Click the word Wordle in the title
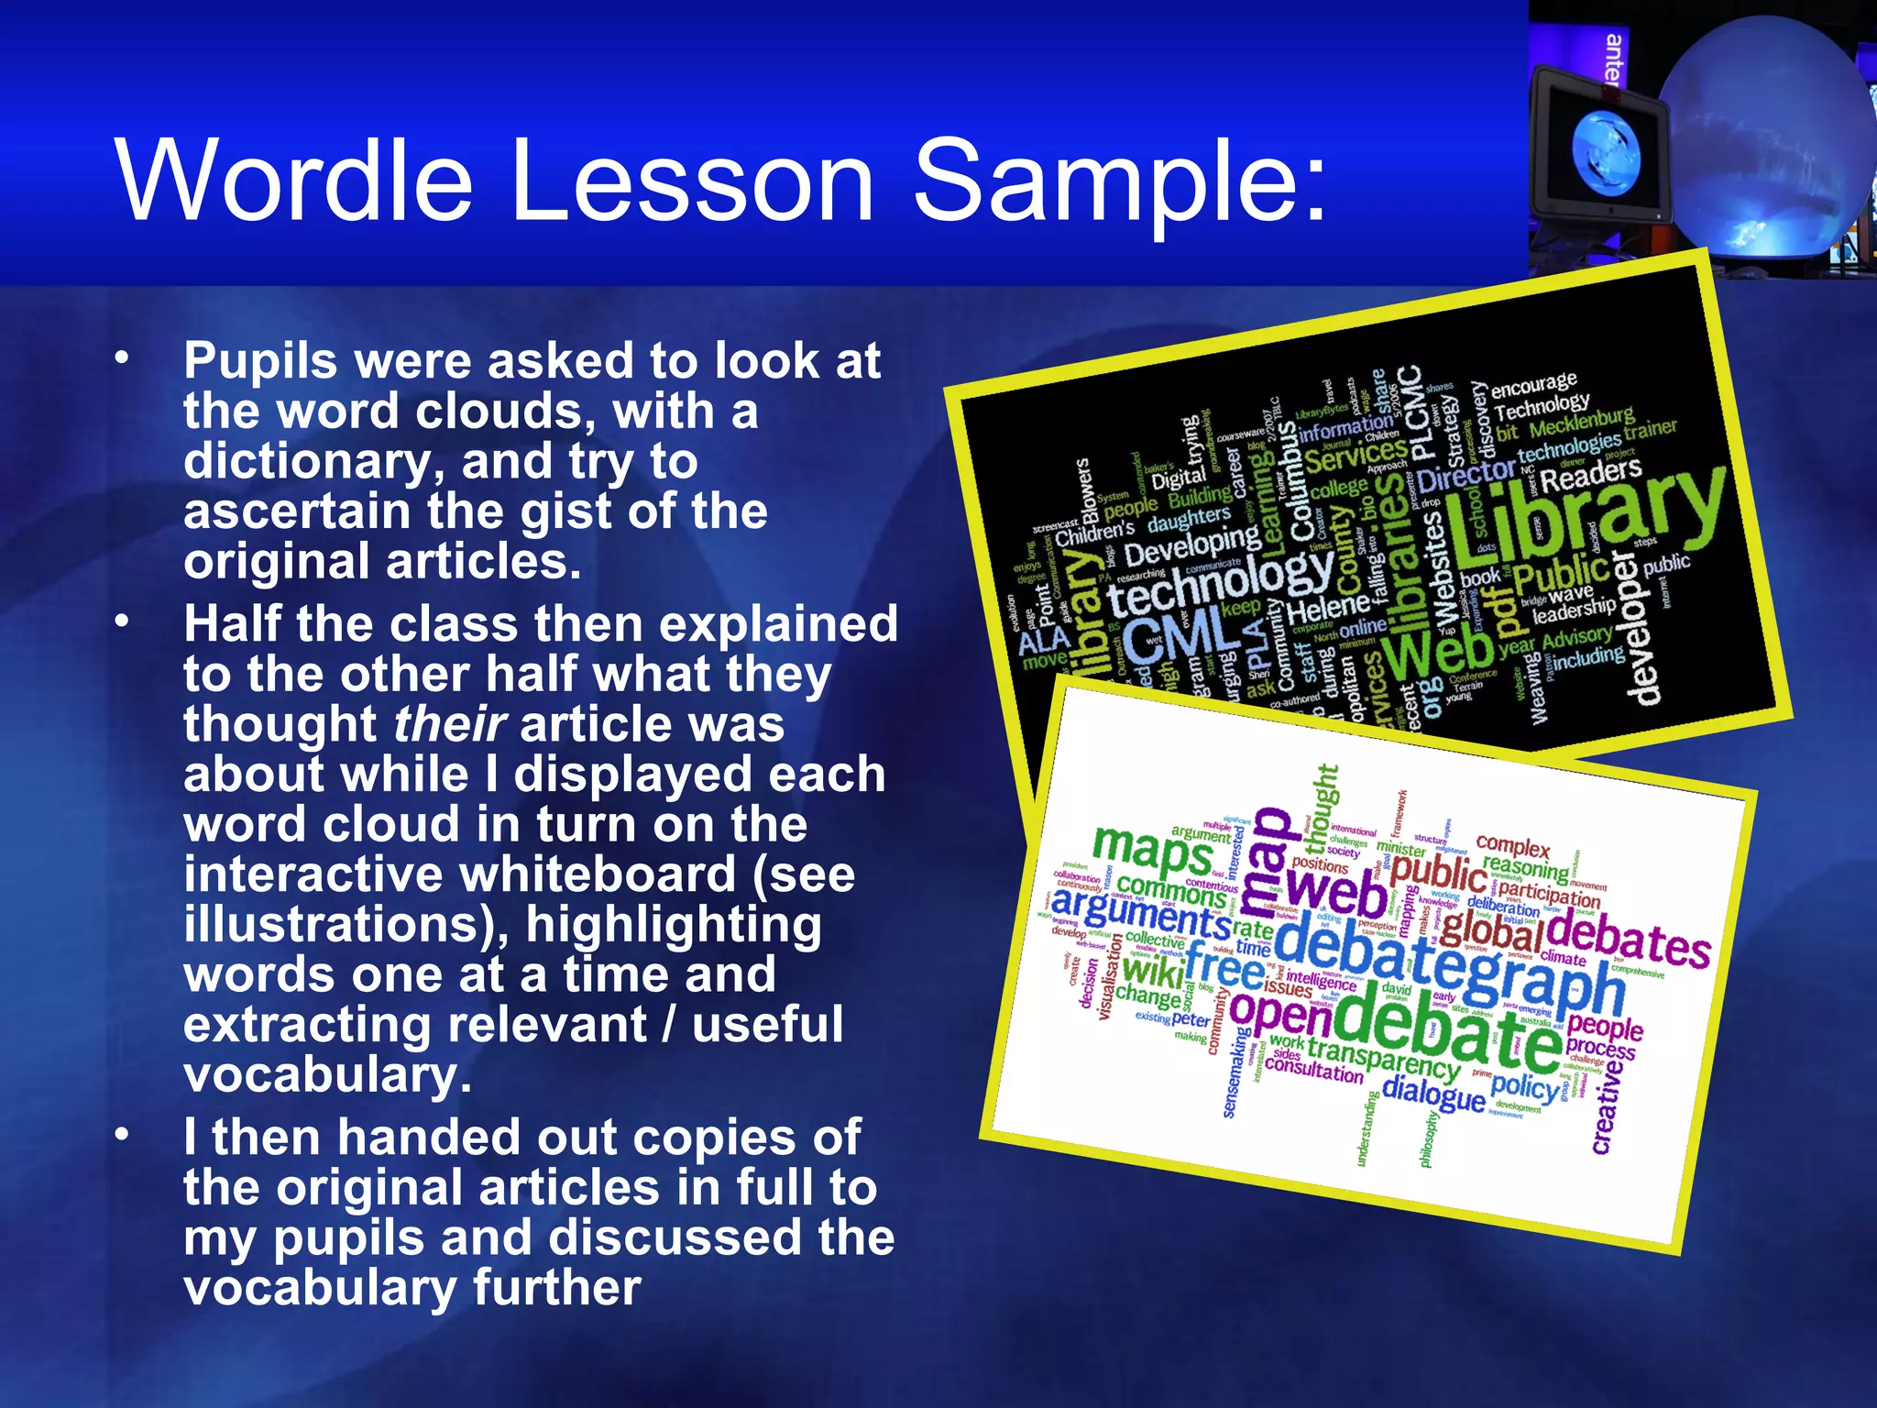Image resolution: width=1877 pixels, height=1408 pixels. click(x=293, y=181)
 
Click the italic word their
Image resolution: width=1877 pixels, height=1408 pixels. click(x=449, y=724)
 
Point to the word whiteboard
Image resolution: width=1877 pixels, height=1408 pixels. click(x=598, y=874)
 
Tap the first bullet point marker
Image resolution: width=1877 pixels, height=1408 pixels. click(x=122, y=358)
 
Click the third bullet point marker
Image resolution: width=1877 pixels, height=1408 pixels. click(x=122, y=1135)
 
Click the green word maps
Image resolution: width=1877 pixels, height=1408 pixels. click(x=1152, y=849)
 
